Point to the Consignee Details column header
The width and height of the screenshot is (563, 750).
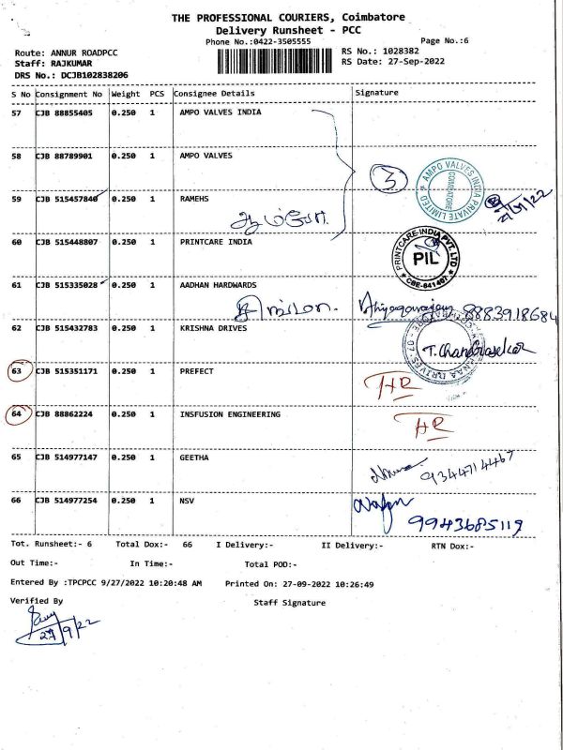click(x=214, y=94)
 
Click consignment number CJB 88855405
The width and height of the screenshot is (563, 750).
click(x=65, y=112)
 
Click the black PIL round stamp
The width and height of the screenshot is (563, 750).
click(x=425, y=255)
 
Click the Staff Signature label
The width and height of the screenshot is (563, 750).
click(x=289, y=603)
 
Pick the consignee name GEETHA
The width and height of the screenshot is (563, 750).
click(x=194, y=457)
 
